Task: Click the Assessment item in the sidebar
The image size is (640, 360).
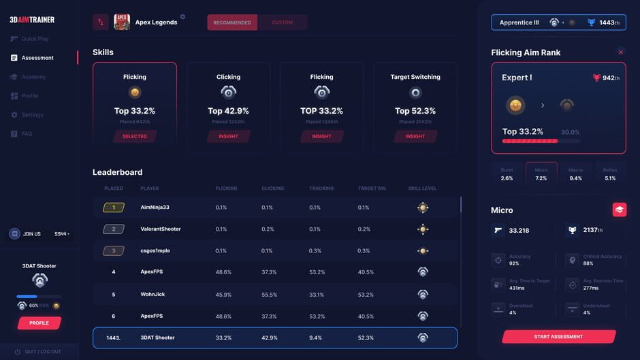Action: pos(37,58)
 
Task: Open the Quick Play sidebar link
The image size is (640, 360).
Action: pos(35,39)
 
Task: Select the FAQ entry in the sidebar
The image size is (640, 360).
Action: pos(27,134)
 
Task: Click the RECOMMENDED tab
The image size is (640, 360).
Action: pos(232,22)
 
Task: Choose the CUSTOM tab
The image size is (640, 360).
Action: pos(282,22)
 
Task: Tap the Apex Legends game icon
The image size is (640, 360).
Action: pos(122,22)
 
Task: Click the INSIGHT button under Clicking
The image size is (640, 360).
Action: pos(228,136)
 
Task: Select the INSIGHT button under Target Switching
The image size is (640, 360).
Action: pos(415,136)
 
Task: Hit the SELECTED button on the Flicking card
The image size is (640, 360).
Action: pos(135,136)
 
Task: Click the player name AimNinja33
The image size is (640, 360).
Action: pos(155,208)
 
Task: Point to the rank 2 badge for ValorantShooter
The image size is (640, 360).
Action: pos(114,229)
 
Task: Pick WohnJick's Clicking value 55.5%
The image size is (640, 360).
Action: pos(269,295)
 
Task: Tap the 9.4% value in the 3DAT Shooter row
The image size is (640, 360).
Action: pos(315,338)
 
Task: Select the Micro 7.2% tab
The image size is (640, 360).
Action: pos(541,174)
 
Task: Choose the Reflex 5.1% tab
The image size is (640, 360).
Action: pos(610,174)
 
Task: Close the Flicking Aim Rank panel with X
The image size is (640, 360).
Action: pos(620,52)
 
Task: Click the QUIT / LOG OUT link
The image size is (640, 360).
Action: pos(42,351)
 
